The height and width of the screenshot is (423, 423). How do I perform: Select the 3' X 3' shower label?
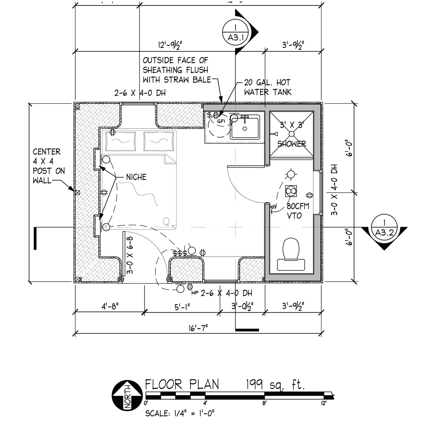tap(291, 134)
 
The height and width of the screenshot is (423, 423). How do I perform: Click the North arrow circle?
tap(126, 395)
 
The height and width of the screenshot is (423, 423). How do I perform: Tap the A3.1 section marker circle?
tap(235, 33)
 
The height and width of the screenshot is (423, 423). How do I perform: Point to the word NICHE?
tap(136, 177)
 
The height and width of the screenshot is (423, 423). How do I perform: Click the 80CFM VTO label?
tap(298, 210)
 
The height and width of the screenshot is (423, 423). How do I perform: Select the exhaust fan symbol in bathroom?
tap(291, 191)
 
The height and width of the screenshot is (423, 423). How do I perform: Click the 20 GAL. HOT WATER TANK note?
tap(267, 87)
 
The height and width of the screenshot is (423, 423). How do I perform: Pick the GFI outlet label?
tap(221, 121)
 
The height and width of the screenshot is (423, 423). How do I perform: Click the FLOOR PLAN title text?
tap(182, 384)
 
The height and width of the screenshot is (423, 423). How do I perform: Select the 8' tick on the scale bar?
tap(264, 403)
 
